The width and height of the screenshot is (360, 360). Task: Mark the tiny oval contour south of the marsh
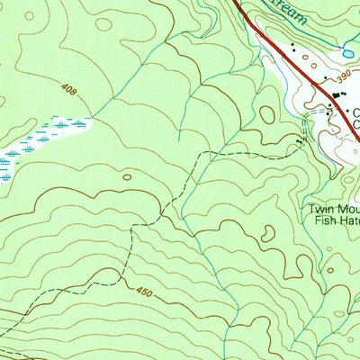tap(127, 176)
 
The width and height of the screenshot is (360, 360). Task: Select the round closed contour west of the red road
tap(267, 114)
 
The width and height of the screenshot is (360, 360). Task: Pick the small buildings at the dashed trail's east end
tap(301, 141)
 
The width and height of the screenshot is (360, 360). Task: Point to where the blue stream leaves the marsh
tap(90, 117)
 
